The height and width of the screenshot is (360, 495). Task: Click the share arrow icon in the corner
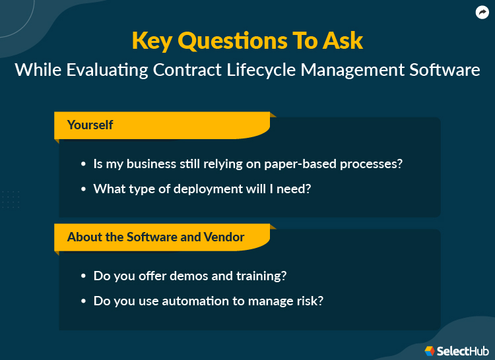coord(481,13)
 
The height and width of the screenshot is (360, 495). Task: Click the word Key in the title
coord(152,40)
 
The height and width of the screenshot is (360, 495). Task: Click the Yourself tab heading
coord(90,124)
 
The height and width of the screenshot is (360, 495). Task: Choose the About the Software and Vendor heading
coord(156,237)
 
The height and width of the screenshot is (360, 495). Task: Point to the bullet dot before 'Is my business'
coord(83,164)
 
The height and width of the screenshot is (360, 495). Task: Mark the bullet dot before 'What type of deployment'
coord(83,189)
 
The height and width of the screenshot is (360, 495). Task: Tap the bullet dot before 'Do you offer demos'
coord(83,276)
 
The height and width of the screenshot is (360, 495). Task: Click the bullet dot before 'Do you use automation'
coord(83,301)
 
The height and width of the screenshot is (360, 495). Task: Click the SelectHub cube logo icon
coord(430,350)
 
